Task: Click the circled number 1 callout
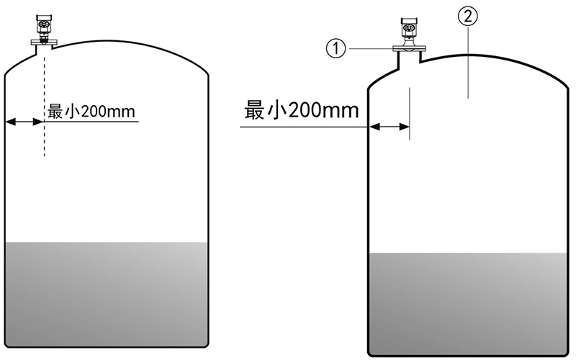coord(336,49)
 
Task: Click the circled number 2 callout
coord(467,17)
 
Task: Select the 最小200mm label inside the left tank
coord(91,112)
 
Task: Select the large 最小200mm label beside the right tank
coord(302,110)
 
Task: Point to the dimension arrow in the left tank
coord(24,122)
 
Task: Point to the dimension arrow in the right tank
coord(390,127)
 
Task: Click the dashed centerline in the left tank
coord(45,107)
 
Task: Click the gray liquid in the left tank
coord(107,294)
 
